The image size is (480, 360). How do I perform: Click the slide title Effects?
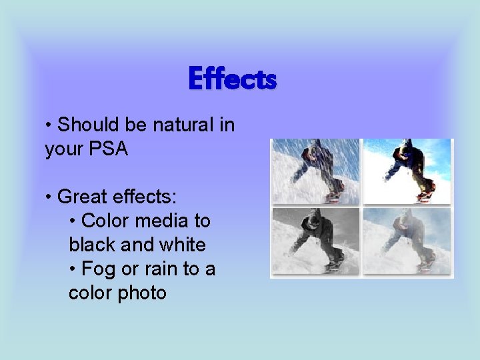(232, 79)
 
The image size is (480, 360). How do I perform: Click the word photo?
(142, 293)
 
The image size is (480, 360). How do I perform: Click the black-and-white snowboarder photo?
(315, 241)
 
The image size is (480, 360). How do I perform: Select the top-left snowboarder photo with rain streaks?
(315, 171)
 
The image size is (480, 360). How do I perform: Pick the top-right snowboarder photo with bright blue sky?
(407, 171)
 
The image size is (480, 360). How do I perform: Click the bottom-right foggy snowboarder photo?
(407, 241)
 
